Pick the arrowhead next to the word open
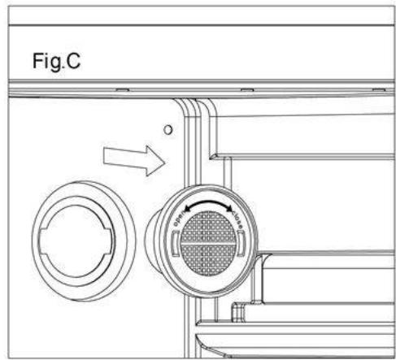coord(187,210)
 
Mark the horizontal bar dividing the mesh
coord(210,242)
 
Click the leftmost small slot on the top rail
coord(118,89)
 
